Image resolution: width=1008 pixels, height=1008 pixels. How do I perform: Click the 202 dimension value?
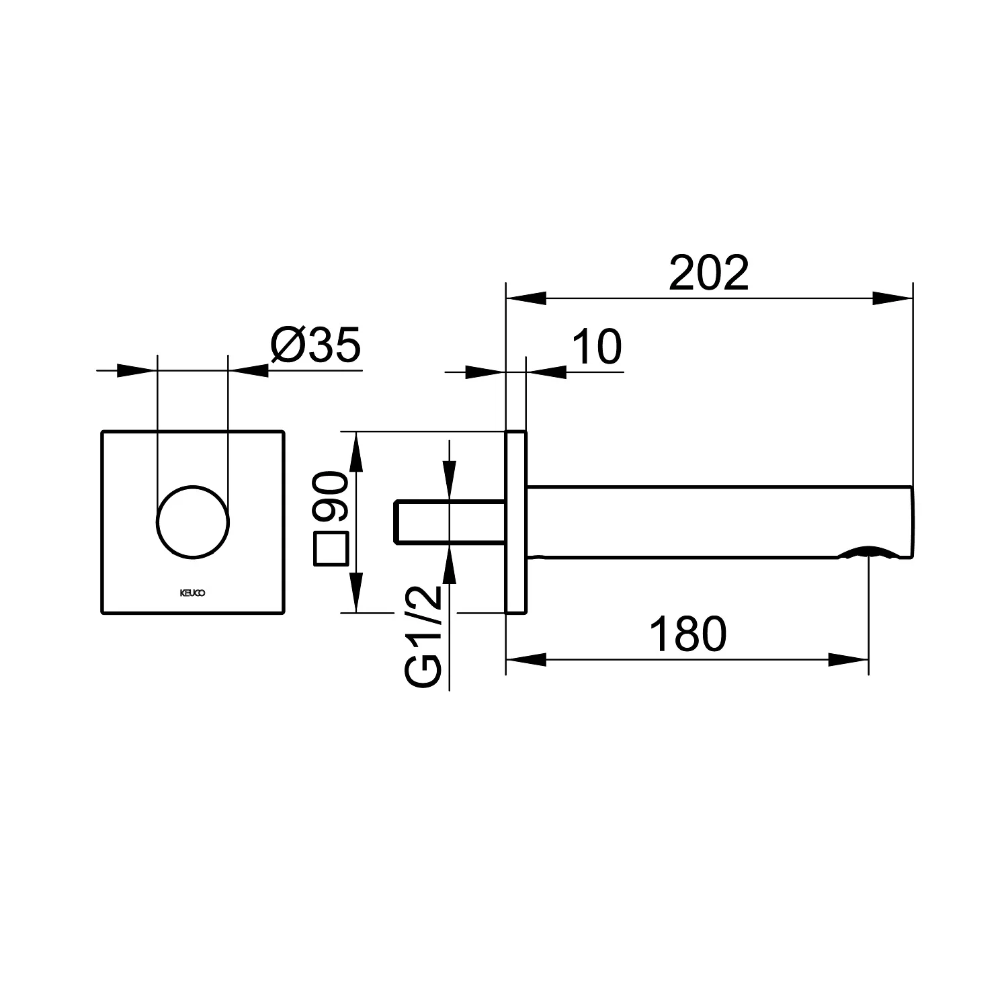[708, 273]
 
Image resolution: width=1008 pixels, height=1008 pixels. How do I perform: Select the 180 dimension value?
[689, 634]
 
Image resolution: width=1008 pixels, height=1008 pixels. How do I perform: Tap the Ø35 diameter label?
[316, 345]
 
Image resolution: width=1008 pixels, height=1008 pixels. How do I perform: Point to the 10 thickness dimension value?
[597, 347]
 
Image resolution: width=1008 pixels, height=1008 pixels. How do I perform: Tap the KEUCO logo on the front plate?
[192, 593]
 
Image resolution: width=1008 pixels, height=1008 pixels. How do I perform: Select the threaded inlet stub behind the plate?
[449, 521]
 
